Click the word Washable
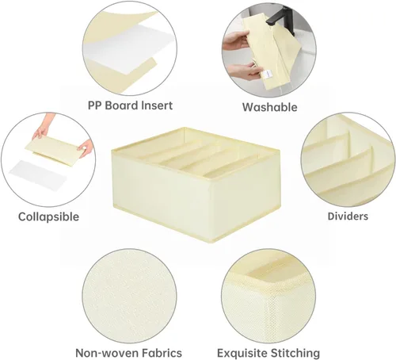[x=269, y=107]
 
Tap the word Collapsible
[x=48, y=216]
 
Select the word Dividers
[x=348, y=216]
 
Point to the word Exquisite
[x=242, y=353]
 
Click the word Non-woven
[x=107, y=353]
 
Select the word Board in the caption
[x=122, y=105]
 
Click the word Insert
[x=157, y=105]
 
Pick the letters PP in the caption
[x=95, y=105]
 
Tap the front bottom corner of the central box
[x=212, y=242]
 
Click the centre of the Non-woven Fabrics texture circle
[x=129, y=296]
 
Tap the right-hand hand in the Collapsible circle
[x=86, y=147]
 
